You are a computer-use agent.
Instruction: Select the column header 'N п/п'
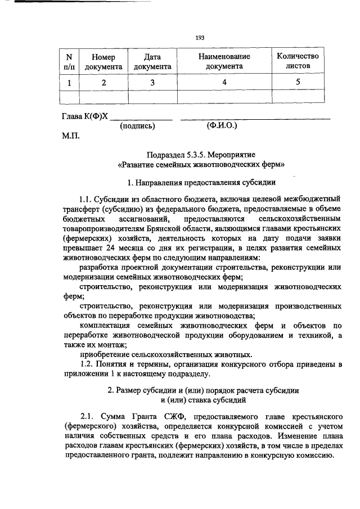point(70,61)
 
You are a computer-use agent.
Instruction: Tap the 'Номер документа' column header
point(103,61)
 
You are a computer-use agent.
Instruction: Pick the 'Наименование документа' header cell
point(224,61)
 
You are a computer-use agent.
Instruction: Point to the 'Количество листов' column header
point(298,61)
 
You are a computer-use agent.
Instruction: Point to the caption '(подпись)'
point(138,127)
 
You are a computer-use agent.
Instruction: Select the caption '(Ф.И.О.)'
point(222,127)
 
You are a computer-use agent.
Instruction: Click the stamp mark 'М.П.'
point(70,136)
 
